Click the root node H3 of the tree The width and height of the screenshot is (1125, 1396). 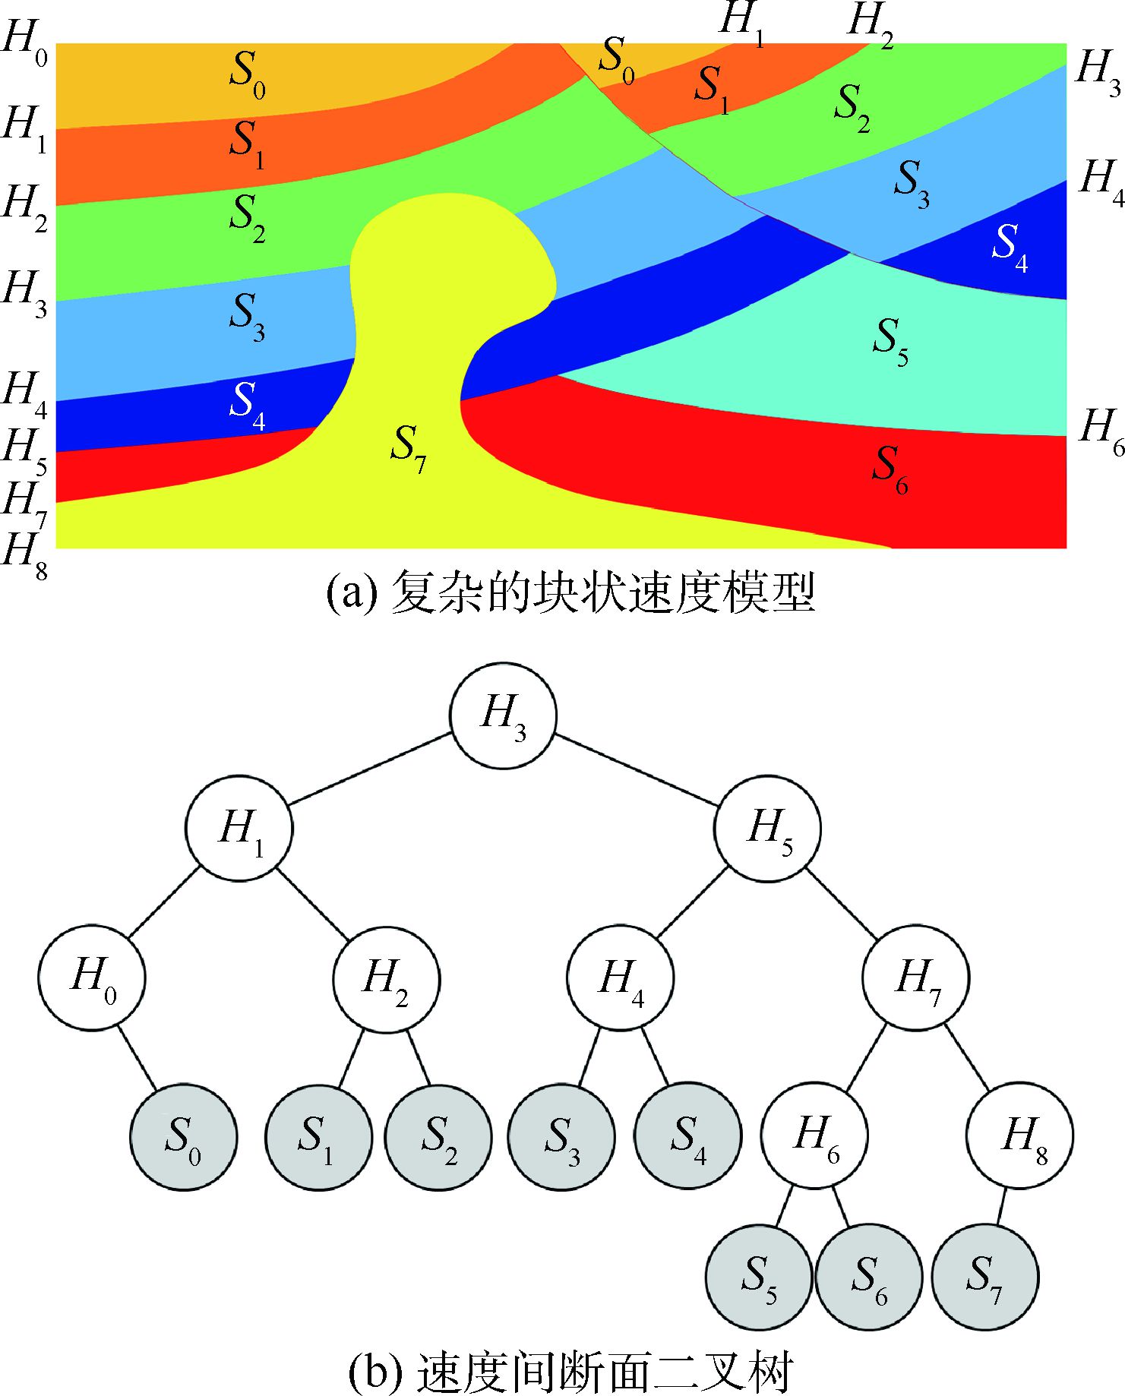pos(503,715)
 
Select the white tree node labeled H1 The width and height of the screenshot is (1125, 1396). pos(239,828)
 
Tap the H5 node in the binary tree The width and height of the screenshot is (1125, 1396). pos(767,828)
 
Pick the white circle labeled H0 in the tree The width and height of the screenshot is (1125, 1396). pos(92,978)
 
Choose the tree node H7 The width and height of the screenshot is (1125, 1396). pos(915,978)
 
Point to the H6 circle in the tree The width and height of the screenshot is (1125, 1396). pos(814,1136)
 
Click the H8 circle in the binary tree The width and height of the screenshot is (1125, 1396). pos(1020,1136)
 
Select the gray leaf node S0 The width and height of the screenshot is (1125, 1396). pos(183,1137)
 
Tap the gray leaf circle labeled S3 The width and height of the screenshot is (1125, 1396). pos(561,1137)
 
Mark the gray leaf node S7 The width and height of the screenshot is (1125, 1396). pos(984,1276)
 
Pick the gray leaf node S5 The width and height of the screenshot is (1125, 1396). pos(759,1276)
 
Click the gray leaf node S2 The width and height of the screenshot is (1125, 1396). pos(438,1137)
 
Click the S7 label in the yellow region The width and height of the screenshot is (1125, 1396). pos(408,448)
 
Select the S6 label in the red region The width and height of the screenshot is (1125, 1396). pos(890,469)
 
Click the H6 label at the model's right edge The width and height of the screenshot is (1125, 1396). pos(1101,431)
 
